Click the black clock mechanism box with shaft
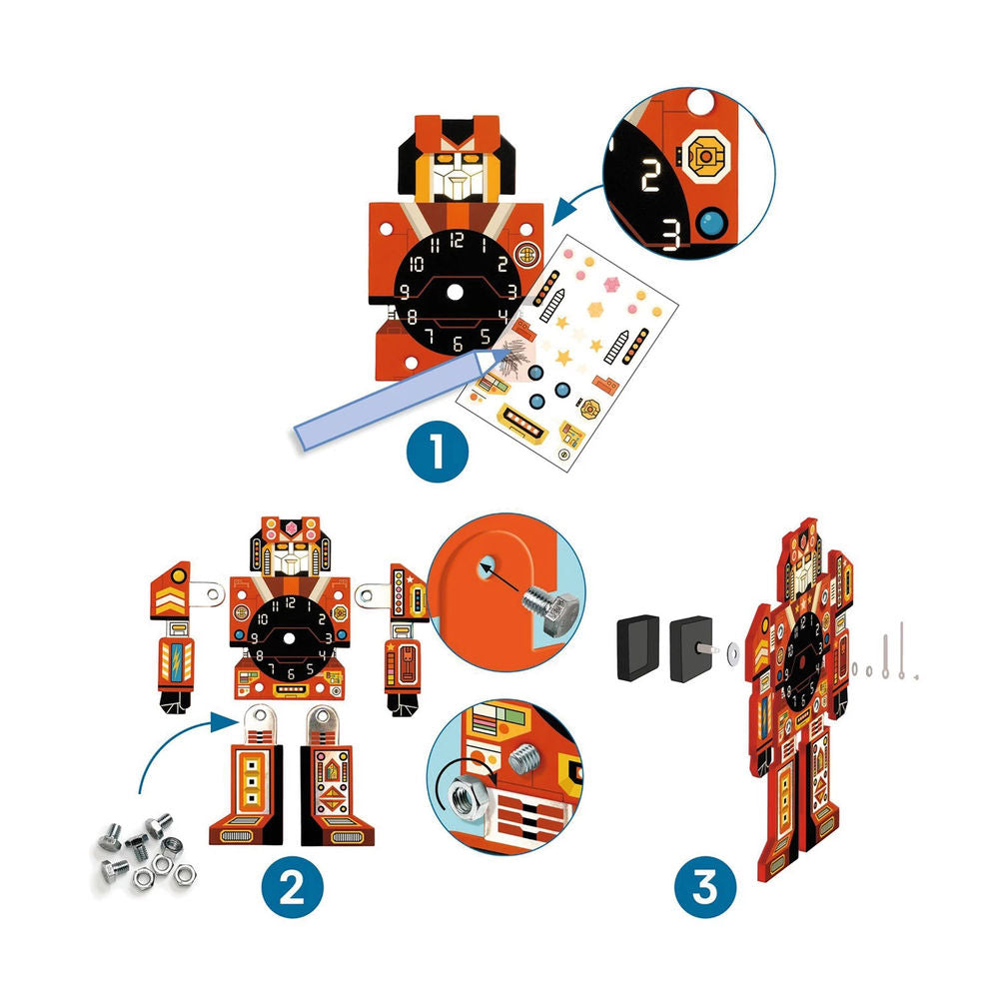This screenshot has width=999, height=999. pos(693,646)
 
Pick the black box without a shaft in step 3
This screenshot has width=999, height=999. pos(636,646)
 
